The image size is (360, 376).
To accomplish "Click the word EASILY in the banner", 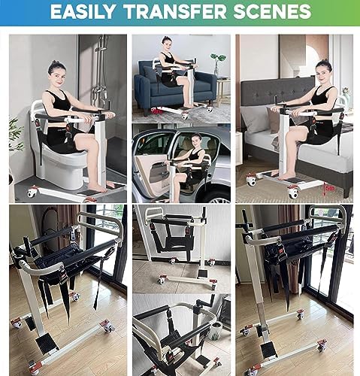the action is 83,11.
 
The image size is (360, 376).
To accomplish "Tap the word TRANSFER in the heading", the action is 175,11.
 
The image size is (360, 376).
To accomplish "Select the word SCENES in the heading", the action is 272,11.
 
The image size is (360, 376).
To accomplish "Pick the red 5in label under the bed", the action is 329,188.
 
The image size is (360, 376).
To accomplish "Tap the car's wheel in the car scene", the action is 219,198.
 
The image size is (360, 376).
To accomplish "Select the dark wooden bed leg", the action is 347,193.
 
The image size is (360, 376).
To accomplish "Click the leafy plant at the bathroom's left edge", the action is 16,134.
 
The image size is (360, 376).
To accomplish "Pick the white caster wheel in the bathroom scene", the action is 32,193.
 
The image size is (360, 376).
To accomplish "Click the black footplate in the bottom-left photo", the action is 47,343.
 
